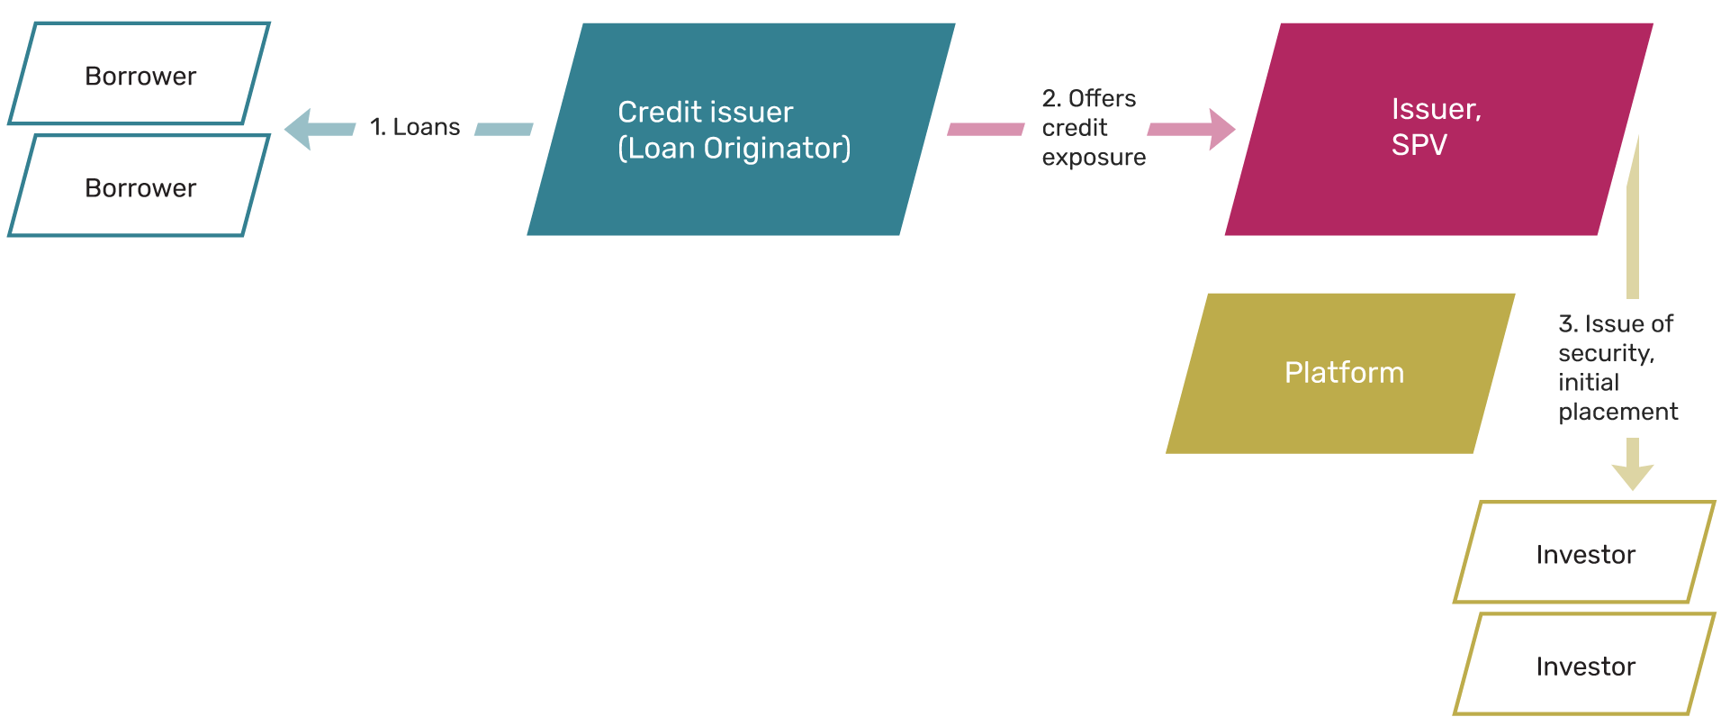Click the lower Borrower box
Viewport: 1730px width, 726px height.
[140, 187]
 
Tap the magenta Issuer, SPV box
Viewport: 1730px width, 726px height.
[1437, 130]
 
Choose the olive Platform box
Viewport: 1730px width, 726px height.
[1341, 373]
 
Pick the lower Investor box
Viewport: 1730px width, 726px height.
[1584, 666]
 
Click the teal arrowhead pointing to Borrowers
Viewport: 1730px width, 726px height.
[301, 129]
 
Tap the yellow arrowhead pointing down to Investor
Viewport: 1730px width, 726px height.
[1632, 475]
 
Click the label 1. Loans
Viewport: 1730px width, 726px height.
[415, 127]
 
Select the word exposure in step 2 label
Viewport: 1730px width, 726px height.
[1094, 158]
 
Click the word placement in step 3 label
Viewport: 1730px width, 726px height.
[1617, 412]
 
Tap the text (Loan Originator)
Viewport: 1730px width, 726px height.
[734, 148]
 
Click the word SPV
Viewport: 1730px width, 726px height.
[1419, 145]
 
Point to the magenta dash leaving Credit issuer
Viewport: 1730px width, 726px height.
[986, 130]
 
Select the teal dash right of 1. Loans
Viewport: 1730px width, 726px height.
[503, 130]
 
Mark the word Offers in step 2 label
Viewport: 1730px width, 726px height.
[1102, 98]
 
